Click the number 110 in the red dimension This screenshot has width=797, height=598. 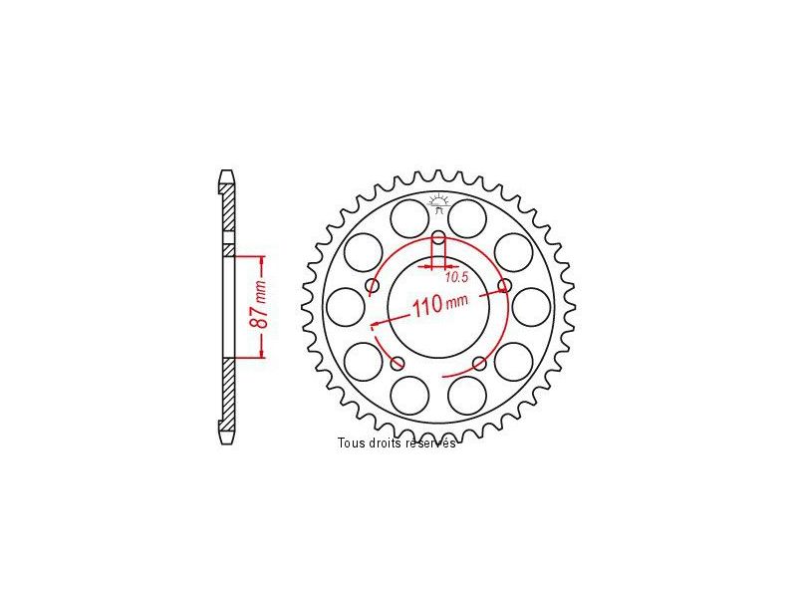[427, 307]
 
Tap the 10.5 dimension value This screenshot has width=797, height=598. [456, 277]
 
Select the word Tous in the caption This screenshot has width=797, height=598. [352, 443]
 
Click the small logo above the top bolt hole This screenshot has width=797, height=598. [438, 203]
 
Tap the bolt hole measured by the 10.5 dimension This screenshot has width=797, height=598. [438, 237]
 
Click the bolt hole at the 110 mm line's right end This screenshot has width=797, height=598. [504, 285]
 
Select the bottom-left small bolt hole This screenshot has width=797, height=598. [398, 363]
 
